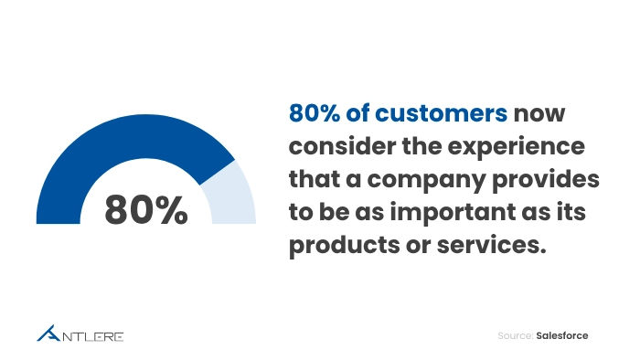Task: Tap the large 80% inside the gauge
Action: pyautogui.click(x=146, y=209)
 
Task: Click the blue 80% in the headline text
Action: pyautogui.click(x=314, y=112)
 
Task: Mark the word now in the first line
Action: pyautogui.click(x=546, y=112)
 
